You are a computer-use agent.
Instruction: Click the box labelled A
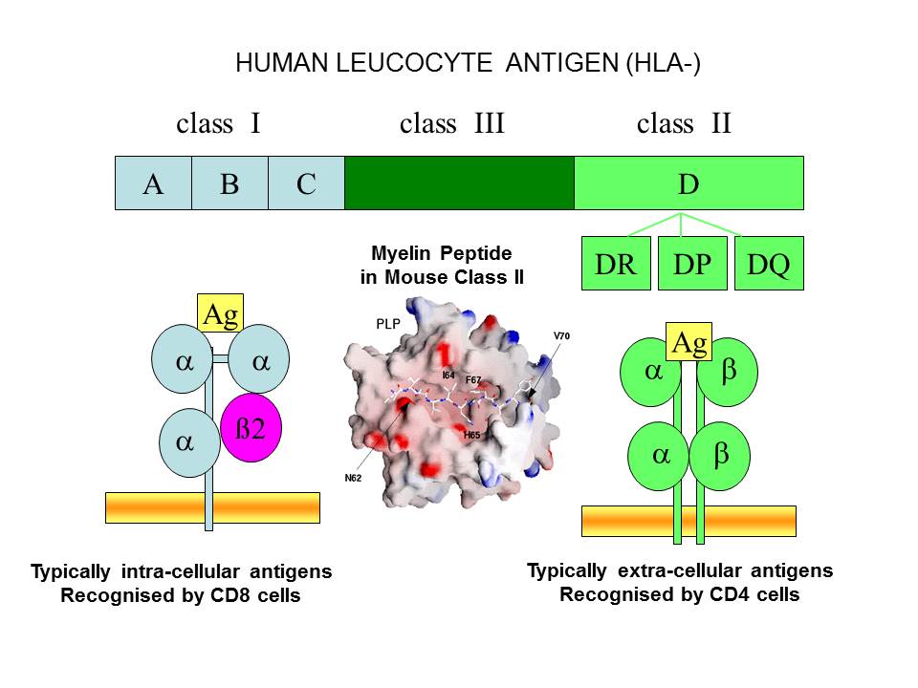point(153,183)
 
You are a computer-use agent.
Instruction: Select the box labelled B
point(229,183)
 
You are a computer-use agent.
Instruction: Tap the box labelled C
point(306,183)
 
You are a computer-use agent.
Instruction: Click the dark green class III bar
point(459,183)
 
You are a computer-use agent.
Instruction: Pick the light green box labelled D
point(688,183)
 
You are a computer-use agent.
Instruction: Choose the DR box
point(616,263)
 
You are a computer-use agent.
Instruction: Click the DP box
point(692,263)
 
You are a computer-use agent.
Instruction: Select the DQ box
point(769,263)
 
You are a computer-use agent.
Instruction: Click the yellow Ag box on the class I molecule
point(221,313)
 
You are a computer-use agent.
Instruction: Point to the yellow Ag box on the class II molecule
point(689,342)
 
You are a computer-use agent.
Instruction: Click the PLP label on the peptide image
point(387,324)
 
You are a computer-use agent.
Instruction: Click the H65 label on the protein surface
point(470,436)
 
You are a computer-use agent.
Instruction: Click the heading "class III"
point(451,123)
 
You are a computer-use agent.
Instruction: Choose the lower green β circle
point(720,456)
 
